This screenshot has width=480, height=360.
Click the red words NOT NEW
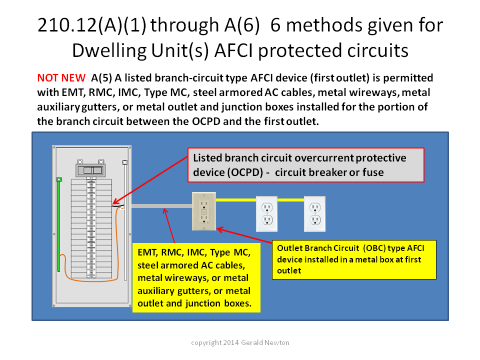coord(61,78)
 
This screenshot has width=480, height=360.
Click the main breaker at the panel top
coord(90,170)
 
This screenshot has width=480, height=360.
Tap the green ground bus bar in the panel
coord(59,224)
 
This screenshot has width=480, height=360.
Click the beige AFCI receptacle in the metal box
coord(204,211)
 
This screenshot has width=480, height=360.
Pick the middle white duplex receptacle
coord(266,213)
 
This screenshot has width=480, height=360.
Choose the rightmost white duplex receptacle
coord(314,213)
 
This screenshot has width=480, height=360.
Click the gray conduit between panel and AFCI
coord(161,206)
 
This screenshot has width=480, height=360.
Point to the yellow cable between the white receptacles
coord(291,200)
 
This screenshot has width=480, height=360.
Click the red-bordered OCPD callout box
coord(306,165)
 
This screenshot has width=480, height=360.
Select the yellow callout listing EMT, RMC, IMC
coord(196,277)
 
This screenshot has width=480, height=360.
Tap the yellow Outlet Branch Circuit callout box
coord(354,259)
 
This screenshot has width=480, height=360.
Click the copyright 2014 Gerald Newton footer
coord(240,342)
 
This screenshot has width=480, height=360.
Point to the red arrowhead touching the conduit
coord(165,211)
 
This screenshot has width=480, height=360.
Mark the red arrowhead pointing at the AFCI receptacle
coord(220,229)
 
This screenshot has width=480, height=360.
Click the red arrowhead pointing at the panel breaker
coord(115,201)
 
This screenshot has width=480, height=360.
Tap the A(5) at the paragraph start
coord(101,78)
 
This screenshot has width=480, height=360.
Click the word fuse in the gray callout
coord(373,172)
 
